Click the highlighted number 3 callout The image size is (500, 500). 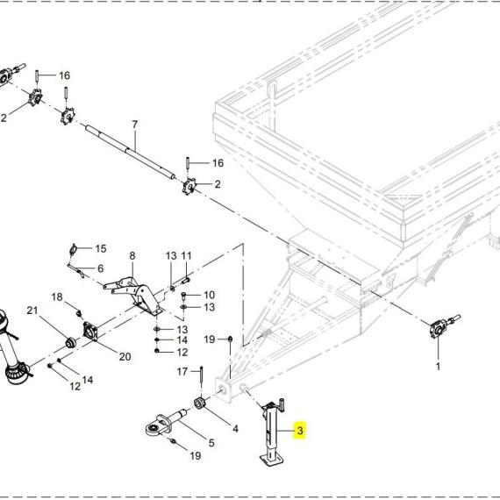click(300, 431)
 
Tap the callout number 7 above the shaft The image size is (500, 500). click(135, 125)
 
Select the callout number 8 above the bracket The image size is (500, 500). click(132, 256)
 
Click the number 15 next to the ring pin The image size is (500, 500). click(101, 249)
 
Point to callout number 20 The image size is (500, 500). click(125, 357)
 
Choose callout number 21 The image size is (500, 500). click(32, 311)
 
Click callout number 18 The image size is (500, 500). click(57, 297)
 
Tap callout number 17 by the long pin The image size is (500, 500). click(182, 372)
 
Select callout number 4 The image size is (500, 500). click(235, 429)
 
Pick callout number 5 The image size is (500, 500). click(211, 443)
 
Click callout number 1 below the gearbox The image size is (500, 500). click(438, 366)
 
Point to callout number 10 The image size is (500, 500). click(209, 295)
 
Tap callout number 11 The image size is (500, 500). click(186, 256)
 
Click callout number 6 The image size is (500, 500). click(101, 268)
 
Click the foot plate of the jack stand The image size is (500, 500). click(271, 460)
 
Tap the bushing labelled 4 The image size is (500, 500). click(201, 404)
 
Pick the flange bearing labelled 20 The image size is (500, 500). click(90, 331)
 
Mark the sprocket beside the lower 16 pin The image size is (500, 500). click(189, 186)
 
